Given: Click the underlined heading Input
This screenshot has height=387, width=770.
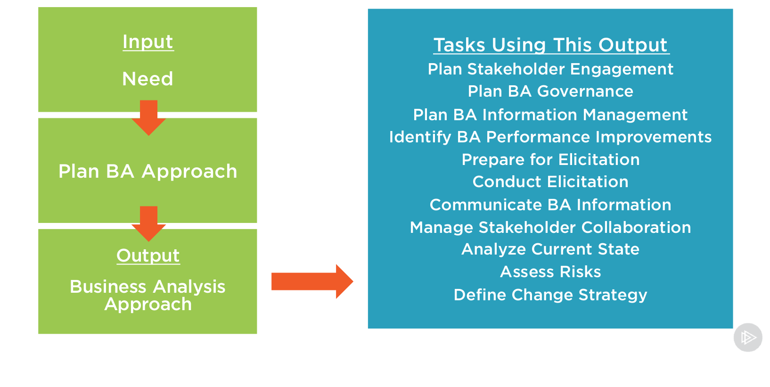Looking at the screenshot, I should pos(148,42).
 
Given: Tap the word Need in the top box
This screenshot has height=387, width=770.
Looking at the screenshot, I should pos(148,79).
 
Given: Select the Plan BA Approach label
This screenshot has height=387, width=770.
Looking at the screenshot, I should pos(148,171).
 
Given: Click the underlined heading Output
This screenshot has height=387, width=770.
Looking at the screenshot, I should pos(148,255).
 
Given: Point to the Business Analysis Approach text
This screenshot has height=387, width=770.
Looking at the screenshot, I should pos(148,295).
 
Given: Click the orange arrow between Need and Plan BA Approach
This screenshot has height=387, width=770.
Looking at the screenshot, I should pos(148,117).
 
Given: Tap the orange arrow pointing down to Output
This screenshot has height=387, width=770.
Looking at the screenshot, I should pos(148,223).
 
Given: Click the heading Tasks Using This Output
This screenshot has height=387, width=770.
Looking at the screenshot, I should pos(550,45).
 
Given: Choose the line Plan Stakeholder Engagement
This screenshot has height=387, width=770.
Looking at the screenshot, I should pos(550,69).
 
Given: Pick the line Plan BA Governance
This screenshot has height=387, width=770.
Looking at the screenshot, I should pos(550,91).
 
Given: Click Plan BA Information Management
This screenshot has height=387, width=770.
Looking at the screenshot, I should pos(550,115).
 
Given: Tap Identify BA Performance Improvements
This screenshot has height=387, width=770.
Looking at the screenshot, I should pos(550,137).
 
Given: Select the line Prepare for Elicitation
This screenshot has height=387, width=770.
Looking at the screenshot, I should pos(550,160).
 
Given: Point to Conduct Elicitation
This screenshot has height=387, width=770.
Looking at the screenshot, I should pos(550,182).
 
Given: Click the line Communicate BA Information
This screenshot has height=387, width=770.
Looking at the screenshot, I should pos(550,205).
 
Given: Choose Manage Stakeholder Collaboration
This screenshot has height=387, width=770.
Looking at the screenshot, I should pos(550,228).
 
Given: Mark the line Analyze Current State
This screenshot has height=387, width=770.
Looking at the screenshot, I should pos(550,249).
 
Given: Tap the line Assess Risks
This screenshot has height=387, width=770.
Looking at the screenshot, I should pos(550,272).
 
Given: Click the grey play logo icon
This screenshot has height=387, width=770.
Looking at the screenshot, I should pos(748,338).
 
